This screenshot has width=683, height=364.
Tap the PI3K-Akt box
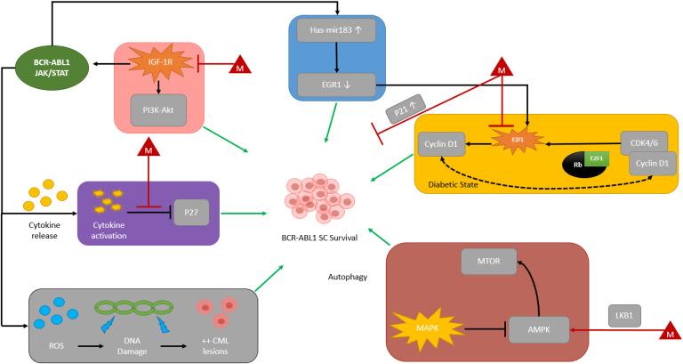[x=158, y=106]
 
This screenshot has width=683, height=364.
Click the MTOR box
[x=488, y=261]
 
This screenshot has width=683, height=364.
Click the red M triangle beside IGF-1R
[x=241, y=65]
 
